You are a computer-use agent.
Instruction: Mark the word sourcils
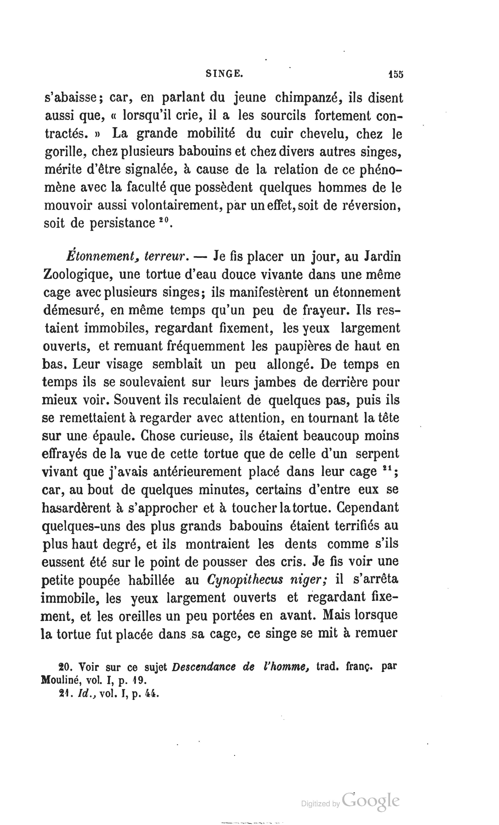click(283, 116)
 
